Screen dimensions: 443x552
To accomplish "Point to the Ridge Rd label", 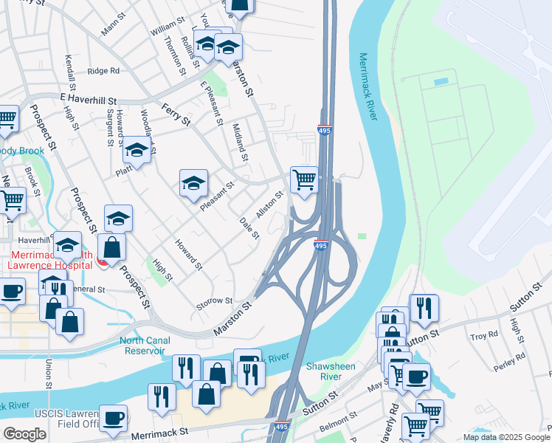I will click(103, 71).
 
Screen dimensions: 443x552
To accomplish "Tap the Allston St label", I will click(269, 205).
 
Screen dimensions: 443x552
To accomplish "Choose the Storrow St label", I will click(215, 301).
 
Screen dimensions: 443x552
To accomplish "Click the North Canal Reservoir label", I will click(145, 346).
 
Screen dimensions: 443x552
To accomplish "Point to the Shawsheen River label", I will click(327, 371).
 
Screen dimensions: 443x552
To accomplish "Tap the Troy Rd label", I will click(484, 336).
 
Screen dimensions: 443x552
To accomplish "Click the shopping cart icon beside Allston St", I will click(304, 179).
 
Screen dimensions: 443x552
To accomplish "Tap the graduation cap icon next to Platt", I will click(137, 151).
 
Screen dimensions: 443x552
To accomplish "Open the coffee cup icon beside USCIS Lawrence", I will click(113, 419).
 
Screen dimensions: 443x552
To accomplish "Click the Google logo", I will click(25, 434).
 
